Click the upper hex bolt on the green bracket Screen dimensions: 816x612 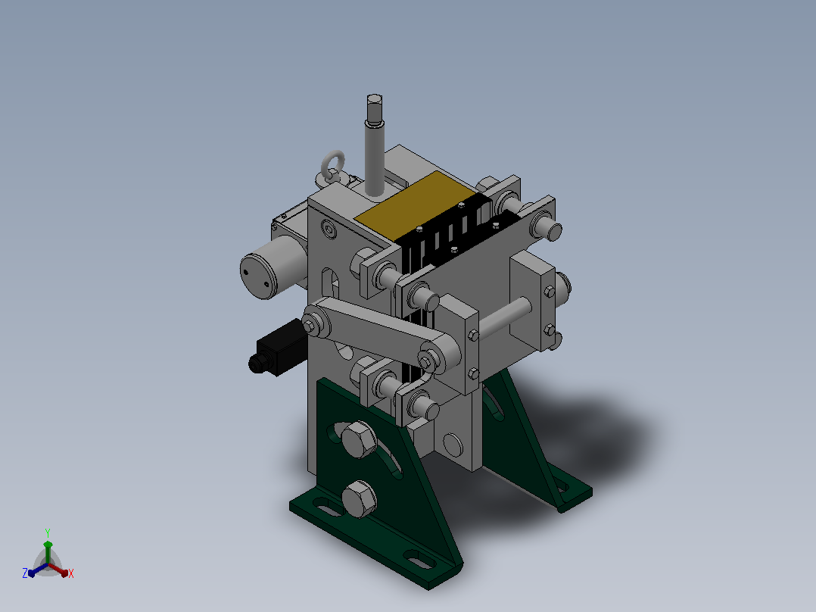click(359, 439)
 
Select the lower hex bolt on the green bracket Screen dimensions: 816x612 click(359, 499)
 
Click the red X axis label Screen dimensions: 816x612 click(71, 573)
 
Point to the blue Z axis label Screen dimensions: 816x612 click(25, 573)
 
